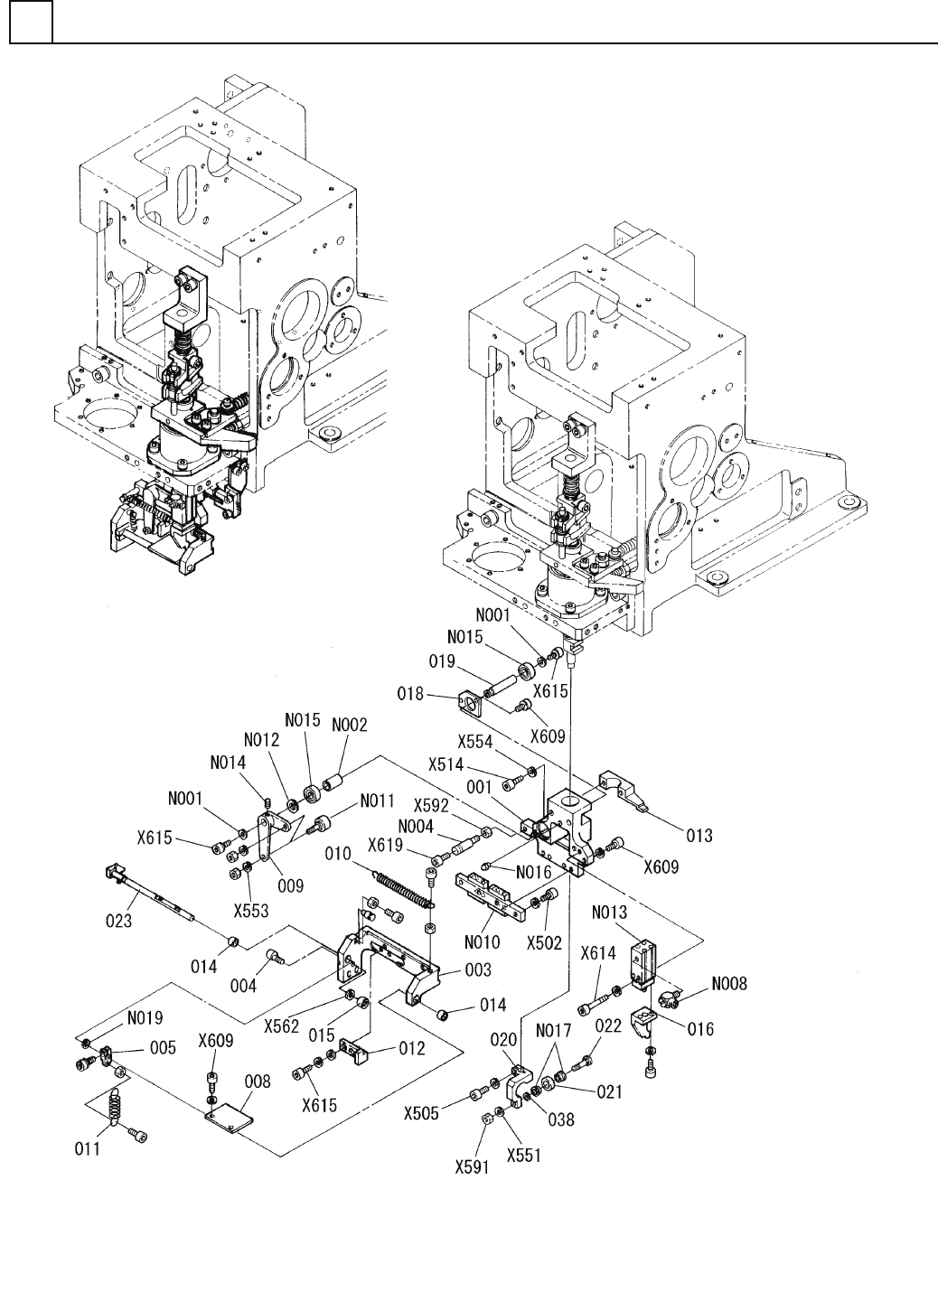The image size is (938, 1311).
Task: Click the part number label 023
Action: [x=119, y=921]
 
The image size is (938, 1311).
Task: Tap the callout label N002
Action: [x=350, y=725]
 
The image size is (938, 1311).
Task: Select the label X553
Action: [x=251, y=911]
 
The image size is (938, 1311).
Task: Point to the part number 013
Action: [x=699, y=835]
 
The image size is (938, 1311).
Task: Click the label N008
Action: [x=729, y=984]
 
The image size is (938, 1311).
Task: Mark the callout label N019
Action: [x=145, y=1018]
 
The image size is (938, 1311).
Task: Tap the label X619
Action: [x=385, y=845]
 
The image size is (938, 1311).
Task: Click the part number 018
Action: [x=410, y=694]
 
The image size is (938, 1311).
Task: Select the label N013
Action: [x=610, y=913]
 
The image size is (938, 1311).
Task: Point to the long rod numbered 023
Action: [x=151, y=894]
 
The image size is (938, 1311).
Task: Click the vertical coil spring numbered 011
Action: [x=113, y=1104]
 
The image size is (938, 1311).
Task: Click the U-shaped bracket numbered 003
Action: [x=387, y=966]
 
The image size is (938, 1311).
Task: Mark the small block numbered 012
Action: [x=355, y=1052]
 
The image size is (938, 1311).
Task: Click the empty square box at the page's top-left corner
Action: [x=31, y=22]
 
